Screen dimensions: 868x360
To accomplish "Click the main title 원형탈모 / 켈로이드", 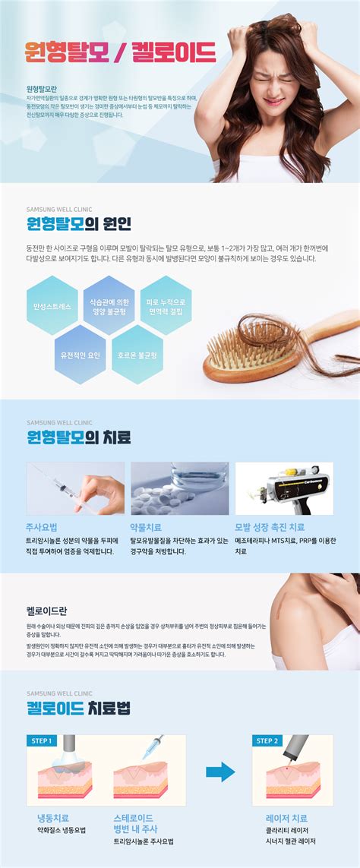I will (x=121, y=52).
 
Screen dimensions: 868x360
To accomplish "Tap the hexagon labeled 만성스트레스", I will (x=52, y=306).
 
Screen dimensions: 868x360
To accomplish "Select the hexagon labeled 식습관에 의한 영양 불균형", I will (x=109, y=306).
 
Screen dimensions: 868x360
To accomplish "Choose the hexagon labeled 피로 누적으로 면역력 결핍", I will (x=166, y=306).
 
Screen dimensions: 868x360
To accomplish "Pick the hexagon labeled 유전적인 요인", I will (x=81, y=354).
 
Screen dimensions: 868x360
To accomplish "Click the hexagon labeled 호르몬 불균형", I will (x=137, y=354).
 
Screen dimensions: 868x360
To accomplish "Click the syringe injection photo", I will (x=75, y=488).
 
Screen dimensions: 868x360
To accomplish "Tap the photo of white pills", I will (x=179, y=488).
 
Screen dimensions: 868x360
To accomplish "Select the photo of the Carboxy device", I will (x=283, y=488).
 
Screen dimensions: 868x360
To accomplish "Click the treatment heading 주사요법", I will (x=42, y=526).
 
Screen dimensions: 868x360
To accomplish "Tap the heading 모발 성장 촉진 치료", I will (x=270, y=526).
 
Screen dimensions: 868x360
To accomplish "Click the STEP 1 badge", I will (x=41, y=741).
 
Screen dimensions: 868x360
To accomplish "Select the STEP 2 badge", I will (x=267, y=741).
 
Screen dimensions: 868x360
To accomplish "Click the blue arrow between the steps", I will (x=220, y=772).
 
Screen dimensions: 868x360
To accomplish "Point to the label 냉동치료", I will (x=53, y=819).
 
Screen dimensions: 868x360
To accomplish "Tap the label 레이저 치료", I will (x=286, y=819).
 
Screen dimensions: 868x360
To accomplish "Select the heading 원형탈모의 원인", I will (x=78, y=223).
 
